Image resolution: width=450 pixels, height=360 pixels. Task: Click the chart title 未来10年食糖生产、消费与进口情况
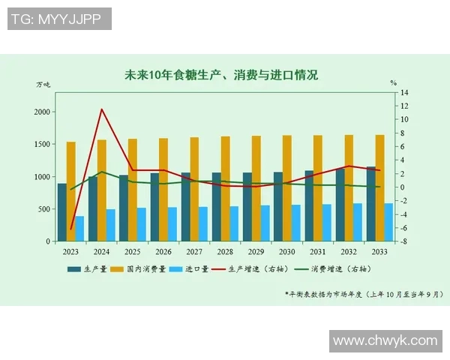pyautogui.click(x=221, y=75)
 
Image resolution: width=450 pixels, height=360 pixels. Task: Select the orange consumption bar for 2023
pyautogui.click(x=71, y=191)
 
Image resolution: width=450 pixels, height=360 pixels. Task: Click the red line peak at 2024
pyautogui.click(x=102, y=109)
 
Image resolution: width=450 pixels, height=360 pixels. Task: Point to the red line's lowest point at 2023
pyautogui.click(x=71, y=229)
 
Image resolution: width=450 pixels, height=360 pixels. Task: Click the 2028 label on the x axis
pyautogui.click(x=225, y=251)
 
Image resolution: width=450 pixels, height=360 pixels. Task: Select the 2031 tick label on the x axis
pyautogui.click(x=318, y=251)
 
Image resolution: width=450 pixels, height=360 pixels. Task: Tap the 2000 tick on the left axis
pyautogui.click(x=42, y=112)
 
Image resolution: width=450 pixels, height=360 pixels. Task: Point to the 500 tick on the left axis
pyautogui.click(x=44, y=209)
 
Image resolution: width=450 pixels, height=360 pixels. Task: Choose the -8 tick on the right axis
pyautogui.click(x=403, y=241)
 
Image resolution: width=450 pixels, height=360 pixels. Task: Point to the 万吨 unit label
pyautogui.click(x=43, y=83)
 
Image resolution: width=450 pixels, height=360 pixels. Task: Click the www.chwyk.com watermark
pyautogui.click(x=385, y=340)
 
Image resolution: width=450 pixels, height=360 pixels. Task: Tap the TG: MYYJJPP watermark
pyautogui.click(x=60, y=19)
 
